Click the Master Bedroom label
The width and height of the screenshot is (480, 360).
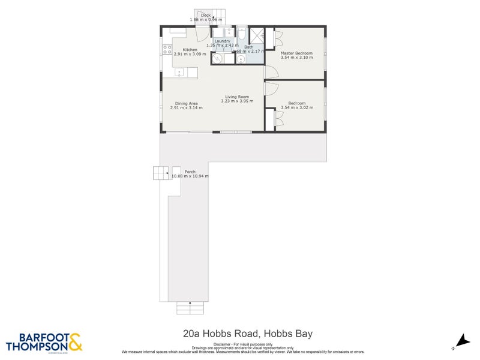coord(296,53)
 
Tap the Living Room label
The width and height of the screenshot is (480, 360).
coord(237,97)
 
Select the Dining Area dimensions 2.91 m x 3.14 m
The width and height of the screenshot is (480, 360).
coord(187,108)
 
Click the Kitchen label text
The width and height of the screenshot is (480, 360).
coord(190,50)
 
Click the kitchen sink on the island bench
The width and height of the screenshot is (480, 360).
coord(179,73)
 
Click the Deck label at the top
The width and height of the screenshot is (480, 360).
coord(206,15)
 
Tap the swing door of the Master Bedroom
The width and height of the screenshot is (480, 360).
coord(271,71)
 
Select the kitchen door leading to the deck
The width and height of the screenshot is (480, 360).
coord(206,34)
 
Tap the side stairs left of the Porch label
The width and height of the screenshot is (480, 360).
coord(161,173)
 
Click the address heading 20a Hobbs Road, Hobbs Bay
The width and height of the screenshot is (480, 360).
coord(248,334)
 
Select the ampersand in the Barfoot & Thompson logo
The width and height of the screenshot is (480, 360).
coord(74,343)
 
